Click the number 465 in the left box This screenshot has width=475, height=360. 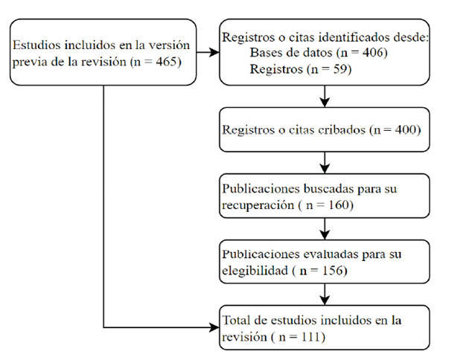(166, 62)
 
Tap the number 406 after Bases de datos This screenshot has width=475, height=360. (372, 52)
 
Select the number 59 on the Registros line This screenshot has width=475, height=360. (339, 69)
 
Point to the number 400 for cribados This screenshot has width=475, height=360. (405, 129)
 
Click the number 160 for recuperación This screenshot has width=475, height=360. (338, 205)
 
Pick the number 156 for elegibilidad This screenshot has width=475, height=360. (332, 270)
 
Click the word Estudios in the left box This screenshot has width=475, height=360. (36, 45)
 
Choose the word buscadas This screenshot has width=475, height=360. (328, 188)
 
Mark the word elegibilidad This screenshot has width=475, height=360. (255, 270)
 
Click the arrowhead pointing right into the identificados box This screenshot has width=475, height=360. (214, 52)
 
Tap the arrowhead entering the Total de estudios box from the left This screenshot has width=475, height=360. (214, 327)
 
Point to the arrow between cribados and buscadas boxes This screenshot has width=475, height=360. (325, 162)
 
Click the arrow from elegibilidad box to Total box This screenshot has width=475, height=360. (325, 295)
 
